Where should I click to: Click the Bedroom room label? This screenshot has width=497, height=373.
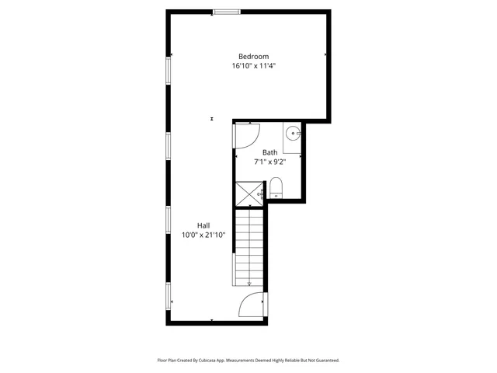click(253, 56)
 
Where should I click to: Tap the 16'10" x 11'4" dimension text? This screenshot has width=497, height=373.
click(253, 66)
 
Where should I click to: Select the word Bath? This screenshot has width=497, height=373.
click(269, 152)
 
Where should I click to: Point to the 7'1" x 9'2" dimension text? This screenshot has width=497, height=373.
click(269, 162)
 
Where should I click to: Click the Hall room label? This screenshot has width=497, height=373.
click(203, 225)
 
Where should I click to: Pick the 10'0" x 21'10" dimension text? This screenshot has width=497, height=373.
click(203, 235)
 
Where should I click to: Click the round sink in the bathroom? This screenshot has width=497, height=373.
click(291, 132)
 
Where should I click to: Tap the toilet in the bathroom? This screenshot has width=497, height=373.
click(276, 186)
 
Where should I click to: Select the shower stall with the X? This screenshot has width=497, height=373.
click(250, 193)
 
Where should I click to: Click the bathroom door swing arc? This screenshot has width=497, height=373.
click(247, 137)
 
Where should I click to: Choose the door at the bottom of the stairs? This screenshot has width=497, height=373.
click(252, 305)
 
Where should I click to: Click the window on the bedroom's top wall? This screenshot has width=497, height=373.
click(227, 12)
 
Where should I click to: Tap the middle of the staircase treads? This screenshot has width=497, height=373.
click(249, 249)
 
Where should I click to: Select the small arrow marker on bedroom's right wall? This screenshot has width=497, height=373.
click(325, 55)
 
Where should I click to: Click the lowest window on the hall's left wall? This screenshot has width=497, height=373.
click(169, 295)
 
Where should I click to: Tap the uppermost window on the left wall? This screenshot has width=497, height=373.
click(169, 70)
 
